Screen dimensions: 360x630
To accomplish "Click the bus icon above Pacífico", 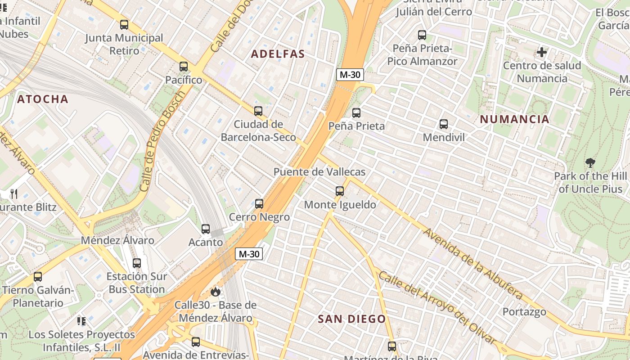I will click(x=184, y=67).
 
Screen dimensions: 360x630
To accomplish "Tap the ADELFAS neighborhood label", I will click(x=278, y=54).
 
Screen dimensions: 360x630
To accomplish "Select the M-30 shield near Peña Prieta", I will click(x=350, y=75).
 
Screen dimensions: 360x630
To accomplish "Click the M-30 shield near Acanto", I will click(x=249, y=254).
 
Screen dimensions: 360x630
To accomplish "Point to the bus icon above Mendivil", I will click(x=444, y=124).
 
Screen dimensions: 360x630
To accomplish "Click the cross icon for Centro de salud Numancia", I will click(x=542, y=52).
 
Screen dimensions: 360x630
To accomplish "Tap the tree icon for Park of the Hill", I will click(x=590, y=162).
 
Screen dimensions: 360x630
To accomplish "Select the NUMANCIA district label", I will click(x=514, y=119).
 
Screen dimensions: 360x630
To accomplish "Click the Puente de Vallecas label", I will click(x=319, y=172).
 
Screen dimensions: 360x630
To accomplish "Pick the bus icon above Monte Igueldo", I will click(x=340, y=191).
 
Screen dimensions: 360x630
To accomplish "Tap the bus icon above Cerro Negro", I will click(x=259, y=204).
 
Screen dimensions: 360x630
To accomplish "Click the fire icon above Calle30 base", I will click(x=216, y=292).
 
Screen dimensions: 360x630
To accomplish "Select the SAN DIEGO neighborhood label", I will click(x=352, y=319).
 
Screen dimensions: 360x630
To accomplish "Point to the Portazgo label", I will click(x=524, y=311).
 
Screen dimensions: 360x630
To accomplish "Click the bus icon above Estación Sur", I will click(x=137, y=263).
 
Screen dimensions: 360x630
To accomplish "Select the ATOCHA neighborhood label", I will click(x=43, y=99).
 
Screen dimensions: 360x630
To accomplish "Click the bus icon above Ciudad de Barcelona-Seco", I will click(x=258, y=111).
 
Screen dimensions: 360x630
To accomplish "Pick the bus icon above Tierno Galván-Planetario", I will click(x=38, y=277).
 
